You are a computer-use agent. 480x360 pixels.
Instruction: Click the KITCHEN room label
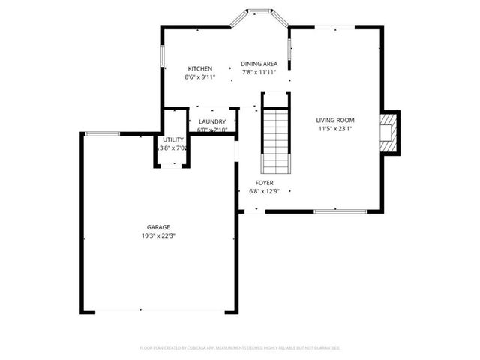coord(199,68)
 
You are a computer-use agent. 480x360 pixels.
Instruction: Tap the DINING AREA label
coord(259,64)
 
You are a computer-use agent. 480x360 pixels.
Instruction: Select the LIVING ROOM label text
coord(334,120)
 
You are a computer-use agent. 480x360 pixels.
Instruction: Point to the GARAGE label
coord(157,227)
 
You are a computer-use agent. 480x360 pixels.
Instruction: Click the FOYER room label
coord(264,183)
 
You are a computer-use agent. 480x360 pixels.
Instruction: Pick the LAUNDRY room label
coord(212,121)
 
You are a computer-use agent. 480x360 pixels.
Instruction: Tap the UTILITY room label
coord(173,139)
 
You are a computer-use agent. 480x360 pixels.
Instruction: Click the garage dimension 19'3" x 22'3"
coord(157,235)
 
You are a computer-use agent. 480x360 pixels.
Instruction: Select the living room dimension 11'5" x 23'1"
coord(334,128)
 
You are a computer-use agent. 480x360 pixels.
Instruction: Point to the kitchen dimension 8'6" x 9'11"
coord(199,76)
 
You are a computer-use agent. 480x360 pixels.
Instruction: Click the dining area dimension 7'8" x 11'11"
coord(259,73)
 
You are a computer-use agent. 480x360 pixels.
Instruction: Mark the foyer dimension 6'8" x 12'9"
coord(264,191)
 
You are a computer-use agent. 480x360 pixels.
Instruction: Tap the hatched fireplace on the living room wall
coord(390,132)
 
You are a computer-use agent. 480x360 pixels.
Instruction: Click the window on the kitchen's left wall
coord(161,57)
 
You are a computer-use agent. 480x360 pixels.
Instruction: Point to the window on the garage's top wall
coord(101,134)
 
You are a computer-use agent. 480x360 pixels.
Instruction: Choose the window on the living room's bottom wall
coord(334,211)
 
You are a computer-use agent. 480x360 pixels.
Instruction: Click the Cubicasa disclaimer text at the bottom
coord(240,348)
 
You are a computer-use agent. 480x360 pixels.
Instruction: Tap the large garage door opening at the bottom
coord(159,311)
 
